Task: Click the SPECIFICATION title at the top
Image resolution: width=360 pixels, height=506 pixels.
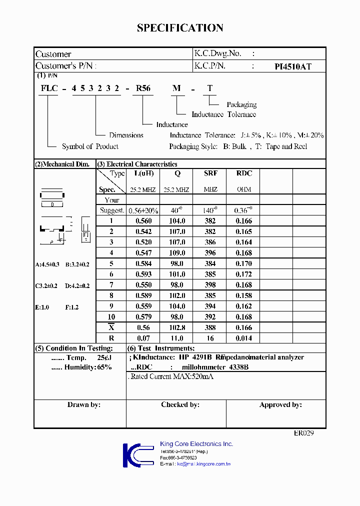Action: pos(180,28)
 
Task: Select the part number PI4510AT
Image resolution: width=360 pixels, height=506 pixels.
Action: pos(293,66)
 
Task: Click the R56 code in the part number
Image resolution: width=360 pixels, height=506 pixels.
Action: pos(143,88)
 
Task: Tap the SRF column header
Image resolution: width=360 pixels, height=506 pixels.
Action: pos(210,173)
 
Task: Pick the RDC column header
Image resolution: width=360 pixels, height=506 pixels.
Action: pos(243,173)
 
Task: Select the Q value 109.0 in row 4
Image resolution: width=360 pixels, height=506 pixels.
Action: pos(177,253)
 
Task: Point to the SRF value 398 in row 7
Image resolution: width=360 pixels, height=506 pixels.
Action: pos(210,284)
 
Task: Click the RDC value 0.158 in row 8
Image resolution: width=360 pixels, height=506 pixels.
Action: pos(243,295)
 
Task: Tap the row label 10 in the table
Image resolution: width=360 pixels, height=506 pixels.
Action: pos(111,316)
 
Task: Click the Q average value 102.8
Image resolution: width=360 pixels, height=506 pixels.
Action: pos(177,327)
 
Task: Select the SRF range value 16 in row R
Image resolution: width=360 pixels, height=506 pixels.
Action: pos(210,338)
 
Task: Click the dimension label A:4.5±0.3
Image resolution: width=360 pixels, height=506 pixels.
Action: pos(47,264)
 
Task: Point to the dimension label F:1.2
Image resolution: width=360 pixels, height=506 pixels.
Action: pos(72,307)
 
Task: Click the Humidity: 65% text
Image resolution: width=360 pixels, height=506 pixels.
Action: pos(81,367)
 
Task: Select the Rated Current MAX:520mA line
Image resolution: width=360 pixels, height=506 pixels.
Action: pos(171,376)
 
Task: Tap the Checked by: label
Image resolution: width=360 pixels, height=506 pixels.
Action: pos(180,404)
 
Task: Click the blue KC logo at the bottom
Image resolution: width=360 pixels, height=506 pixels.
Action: pos(137,455)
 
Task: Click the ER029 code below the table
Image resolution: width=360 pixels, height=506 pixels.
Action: pos(303,433)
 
